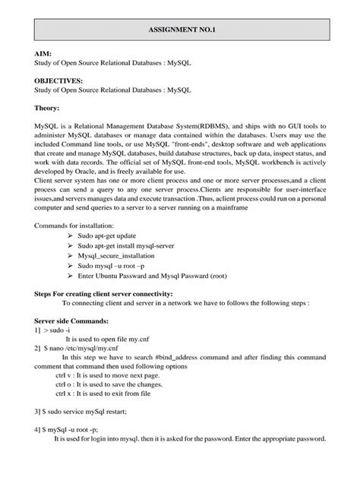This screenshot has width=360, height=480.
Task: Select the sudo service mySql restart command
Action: [x=86, y=411]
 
